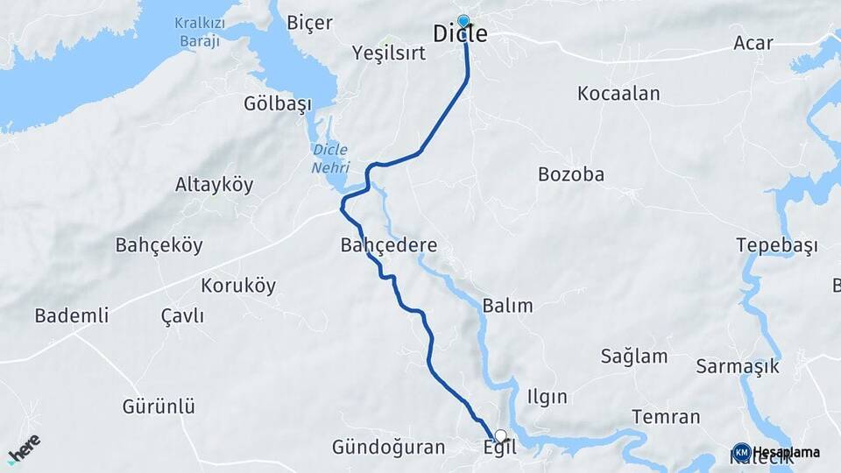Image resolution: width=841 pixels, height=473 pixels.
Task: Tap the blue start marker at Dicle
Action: (463, 20)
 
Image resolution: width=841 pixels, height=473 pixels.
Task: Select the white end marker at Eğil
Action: (500, 435)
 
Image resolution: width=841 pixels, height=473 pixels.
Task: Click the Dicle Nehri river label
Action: (331, 158)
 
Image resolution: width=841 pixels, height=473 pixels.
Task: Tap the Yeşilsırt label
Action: (388, 53)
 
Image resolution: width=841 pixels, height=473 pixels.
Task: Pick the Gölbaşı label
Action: (278, 105)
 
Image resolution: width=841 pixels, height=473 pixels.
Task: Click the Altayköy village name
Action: (214, 185)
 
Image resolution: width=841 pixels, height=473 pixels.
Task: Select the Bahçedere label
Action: (389, 246)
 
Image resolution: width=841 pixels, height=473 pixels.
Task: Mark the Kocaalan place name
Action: (618, 94)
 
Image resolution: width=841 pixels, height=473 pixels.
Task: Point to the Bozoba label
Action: (571, 174)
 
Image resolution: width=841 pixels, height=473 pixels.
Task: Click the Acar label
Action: (753, 43)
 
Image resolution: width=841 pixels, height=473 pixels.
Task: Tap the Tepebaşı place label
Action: (777, 245)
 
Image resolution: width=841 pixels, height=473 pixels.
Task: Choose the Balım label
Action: (507, 306)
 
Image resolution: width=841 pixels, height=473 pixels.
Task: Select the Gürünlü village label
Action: (159, 406)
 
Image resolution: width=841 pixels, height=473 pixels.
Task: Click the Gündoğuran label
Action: (388, 448)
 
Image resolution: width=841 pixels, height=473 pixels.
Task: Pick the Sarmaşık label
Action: (738, 366)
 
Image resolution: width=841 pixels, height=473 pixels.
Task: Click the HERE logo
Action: (24, 446)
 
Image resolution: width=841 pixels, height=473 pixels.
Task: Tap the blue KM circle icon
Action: (742, 452)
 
